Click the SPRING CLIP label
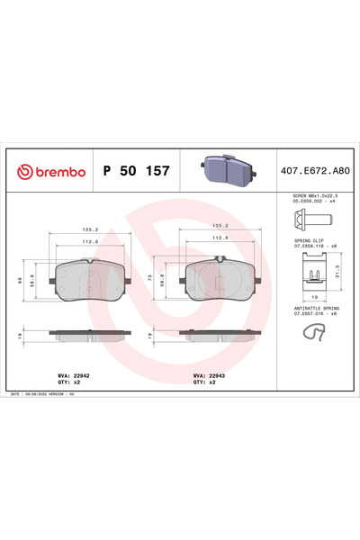click(309, 241)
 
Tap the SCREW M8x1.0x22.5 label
click(314, 194)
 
